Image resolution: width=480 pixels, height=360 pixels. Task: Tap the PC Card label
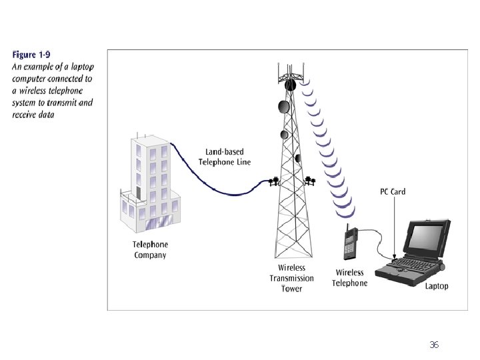[x=393, y=192]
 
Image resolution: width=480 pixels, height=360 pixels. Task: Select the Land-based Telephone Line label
[x=224, y=158]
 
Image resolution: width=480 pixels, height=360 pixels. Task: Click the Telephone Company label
[x=150, y=249]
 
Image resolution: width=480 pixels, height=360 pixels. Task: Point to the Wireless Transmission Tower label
[x=291, y=278]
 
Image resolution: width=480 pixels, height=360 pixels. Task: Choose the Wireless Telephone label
[x=349, y=277]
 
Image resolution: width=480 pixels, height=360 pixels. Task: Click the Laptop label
[x=437, y=286]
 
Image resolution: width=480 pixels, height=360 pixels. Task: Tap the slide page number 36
[x=434, y=345]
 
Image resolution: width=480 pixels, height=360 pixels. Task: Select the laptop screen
[x=426, y=239]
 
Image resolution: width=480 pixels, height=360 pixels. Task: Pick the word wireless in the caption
[x=29, y=91]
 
